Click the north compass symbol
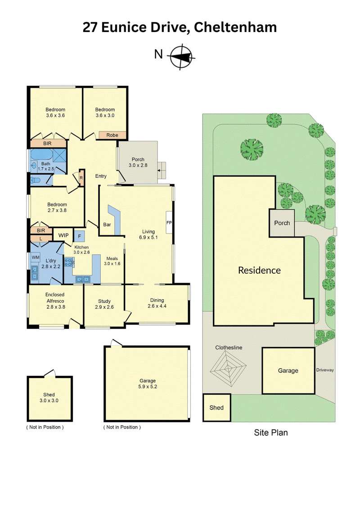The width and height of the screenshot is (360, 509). (x=182, y=57)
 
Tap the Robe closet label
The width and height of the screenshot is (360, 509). (x=112, y=135)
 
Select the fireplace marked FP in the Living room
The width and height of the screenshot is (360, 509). (x=169, y=222)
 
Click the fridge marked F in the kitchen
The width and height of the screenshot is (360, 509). (x=80, y=236)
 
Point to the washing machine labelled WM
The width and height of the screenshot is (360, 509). (x=36, y=257)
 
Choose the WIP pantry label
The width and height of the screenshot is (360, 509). (x=63, y=235)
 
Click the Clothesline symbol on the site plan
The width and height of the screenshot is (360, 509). (x=228, y=369)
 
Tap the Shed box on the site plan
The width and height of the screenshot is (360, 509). (x=216, y=408)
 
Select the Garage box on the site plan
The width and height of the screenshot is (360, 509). (x=288, y=371)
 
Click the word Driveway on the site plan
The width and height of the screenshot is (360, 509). (x=325, y=370)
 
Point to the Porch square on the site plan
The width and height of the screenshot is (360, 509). (x=282, y=223)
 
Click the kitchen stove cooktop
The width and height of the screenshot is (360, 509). (x=69, y=262)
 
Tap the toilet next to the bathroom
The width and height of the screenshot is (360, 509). (x=35, y=180)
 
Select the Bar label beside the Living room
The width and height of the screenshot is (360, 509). (x=107, y=224)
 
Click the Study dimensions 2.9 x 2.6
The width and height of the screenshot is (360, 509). (x=104, y=307)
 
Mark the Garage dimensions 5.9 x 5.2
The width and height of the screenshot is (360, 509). (x=148, y=387)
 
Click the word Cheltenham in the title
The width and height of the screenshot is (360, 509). (x=235, y=27)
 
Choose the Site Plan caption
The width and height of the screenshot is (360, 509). (x=271, y=432)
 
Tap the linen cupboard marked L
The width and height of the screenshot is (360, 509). (x=40, y=239)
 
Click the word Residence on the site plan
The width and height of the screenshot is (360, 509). (x=259, y=270)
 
